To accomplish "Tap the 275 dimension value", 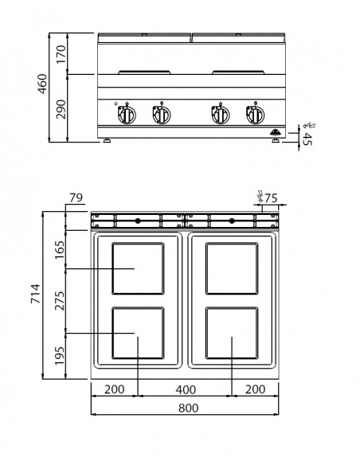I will [57, 300].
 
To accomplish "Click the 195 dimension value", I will [57, 354].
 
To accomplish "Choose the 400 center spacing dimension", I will [185, 389].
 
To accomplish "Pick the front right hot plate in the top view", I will [232, 334].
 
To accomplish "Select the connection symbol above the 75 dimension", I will [259, 194].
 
